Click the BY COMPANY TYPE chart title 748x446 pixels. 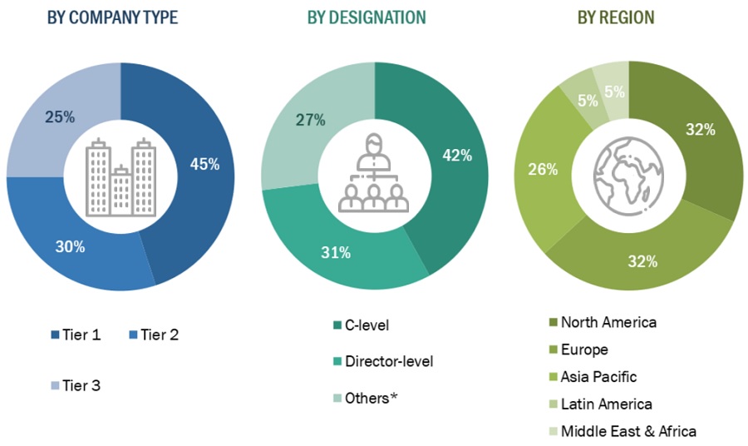(x=112, y=17)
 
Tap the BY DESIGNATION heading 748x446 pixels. (x=367, y=17)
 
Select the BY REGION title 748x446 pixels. (x=616, y=17)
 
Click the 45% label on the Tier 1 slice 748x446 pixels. (x=204, y=164)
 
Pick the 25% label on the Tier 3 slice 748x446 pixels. (x=60, y=117)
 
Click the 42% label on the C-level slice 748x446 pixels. (x=457, y=155)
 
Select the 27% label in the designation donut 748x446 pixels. (x=311, y=120)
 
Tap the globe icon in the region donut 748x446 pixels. (x=628, y=176)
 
